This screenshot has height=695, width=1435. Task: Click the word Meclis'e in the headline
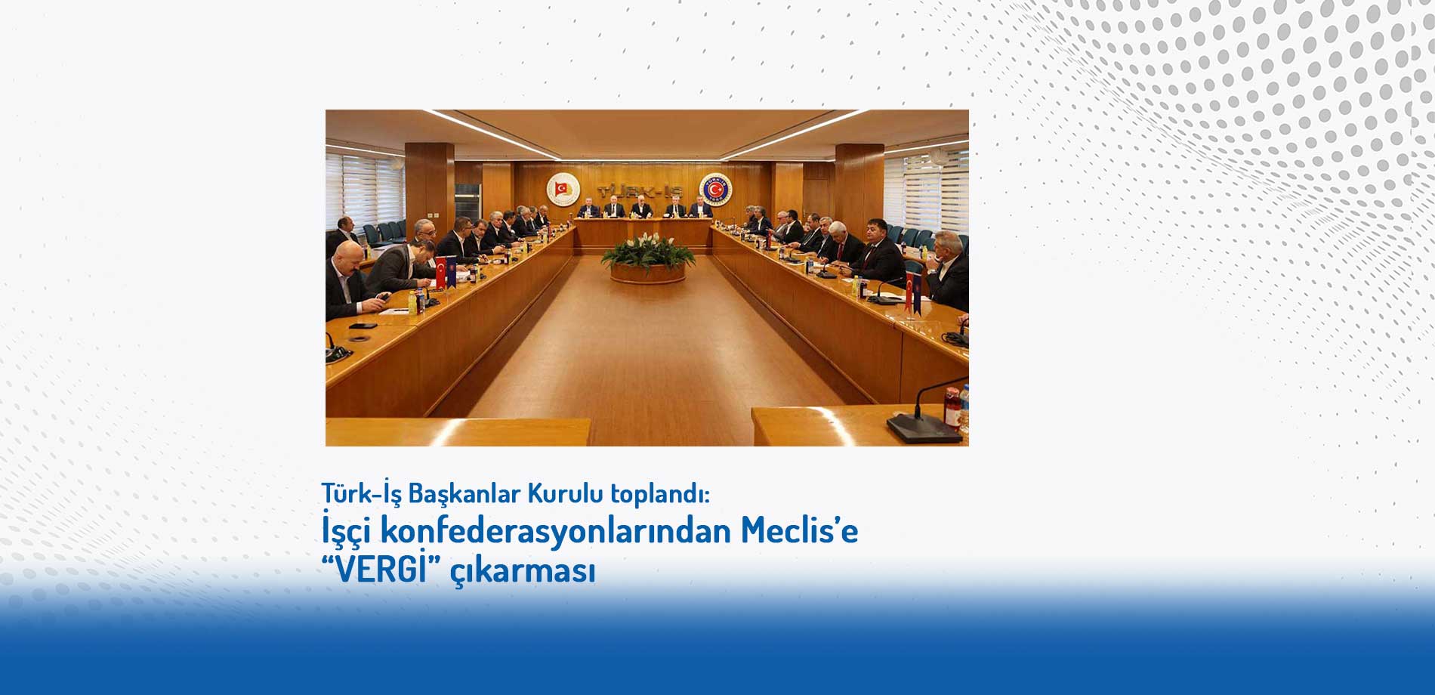click(x=799, y=530)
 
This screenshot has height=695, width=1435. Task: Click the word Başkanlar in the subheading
click(x=464, y=495)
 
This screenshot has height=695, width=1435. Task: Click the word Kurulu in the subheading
click(x=565, y=493)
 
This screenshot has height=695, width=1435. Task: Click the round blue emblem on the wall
click(x=714, y=189)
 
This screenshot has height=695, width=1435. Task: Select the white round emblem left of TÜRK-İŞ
click(x=563, y=189)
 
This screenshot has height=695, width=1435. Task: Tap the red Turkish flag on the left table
click(x=440, y=272)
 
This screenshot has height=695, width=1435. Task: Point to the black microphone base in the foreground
click(x=924, y=428)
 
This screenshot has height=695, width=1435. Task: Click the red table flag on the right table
click(x=909, y=289)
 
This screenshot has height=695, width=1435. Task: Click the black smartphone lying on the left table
click(x=363, y=326)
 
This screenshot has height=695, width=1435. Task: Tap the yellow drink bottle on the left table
click(x=412, y=302)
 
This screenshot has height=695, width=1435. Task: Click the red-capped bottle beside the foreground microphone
click(x=953, y=408)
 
